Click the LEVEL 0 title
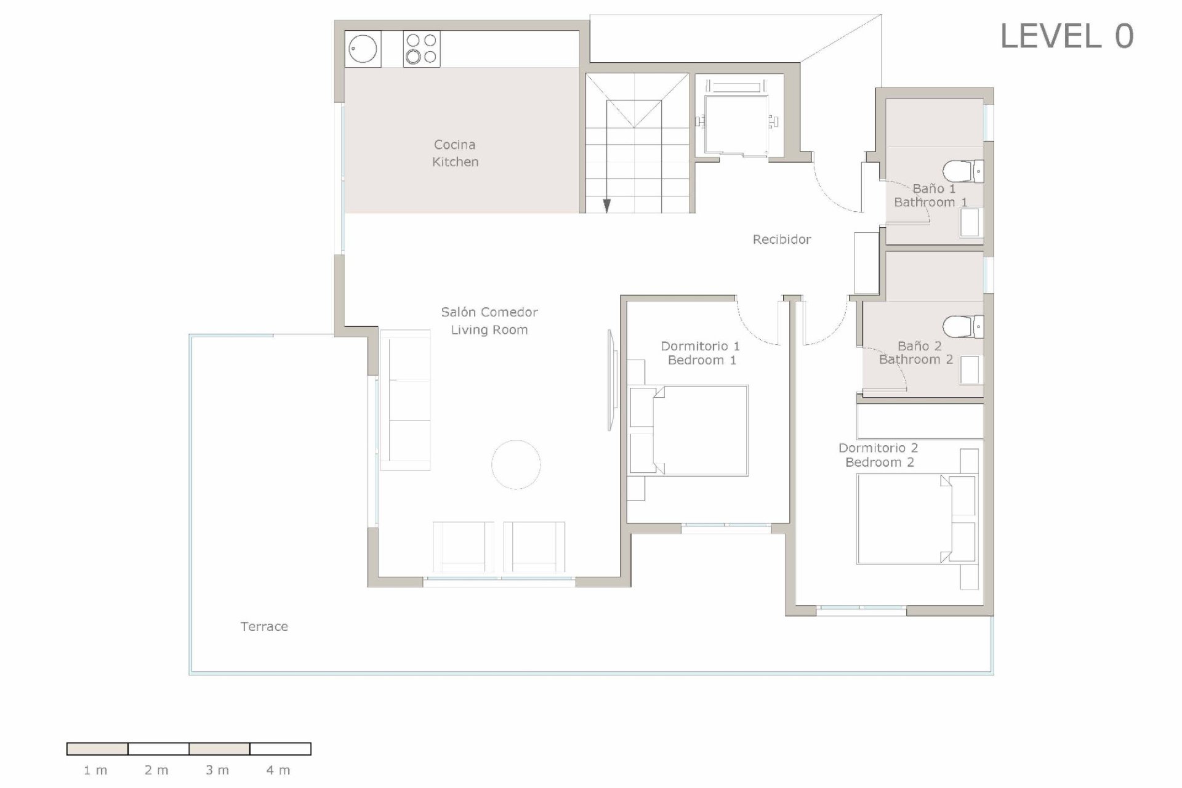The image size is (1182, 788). pos(1066,36)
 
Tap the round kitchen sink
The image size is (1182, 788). pos(363,49)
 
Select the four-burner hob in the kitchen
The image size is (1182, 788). pos(422,49)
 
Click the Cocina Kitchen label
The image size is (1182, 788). pos(455,153)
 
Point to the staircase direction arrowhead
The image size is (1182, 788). pos(606,206)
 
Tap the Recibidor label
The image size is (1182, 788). pos(781,239)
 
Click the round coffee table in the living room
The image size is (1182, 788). pos(516,465)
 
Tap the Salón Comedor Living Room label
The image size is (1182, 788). pos(489,321)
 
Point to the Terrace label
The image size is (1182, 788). pos(264,627)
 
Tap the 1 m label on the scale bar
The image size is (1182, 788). pos(95,770)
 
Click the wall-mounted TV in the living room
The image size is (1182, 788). pos(611,380)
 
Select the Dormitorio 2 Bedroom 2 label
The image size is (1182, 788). pos(878,455)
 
